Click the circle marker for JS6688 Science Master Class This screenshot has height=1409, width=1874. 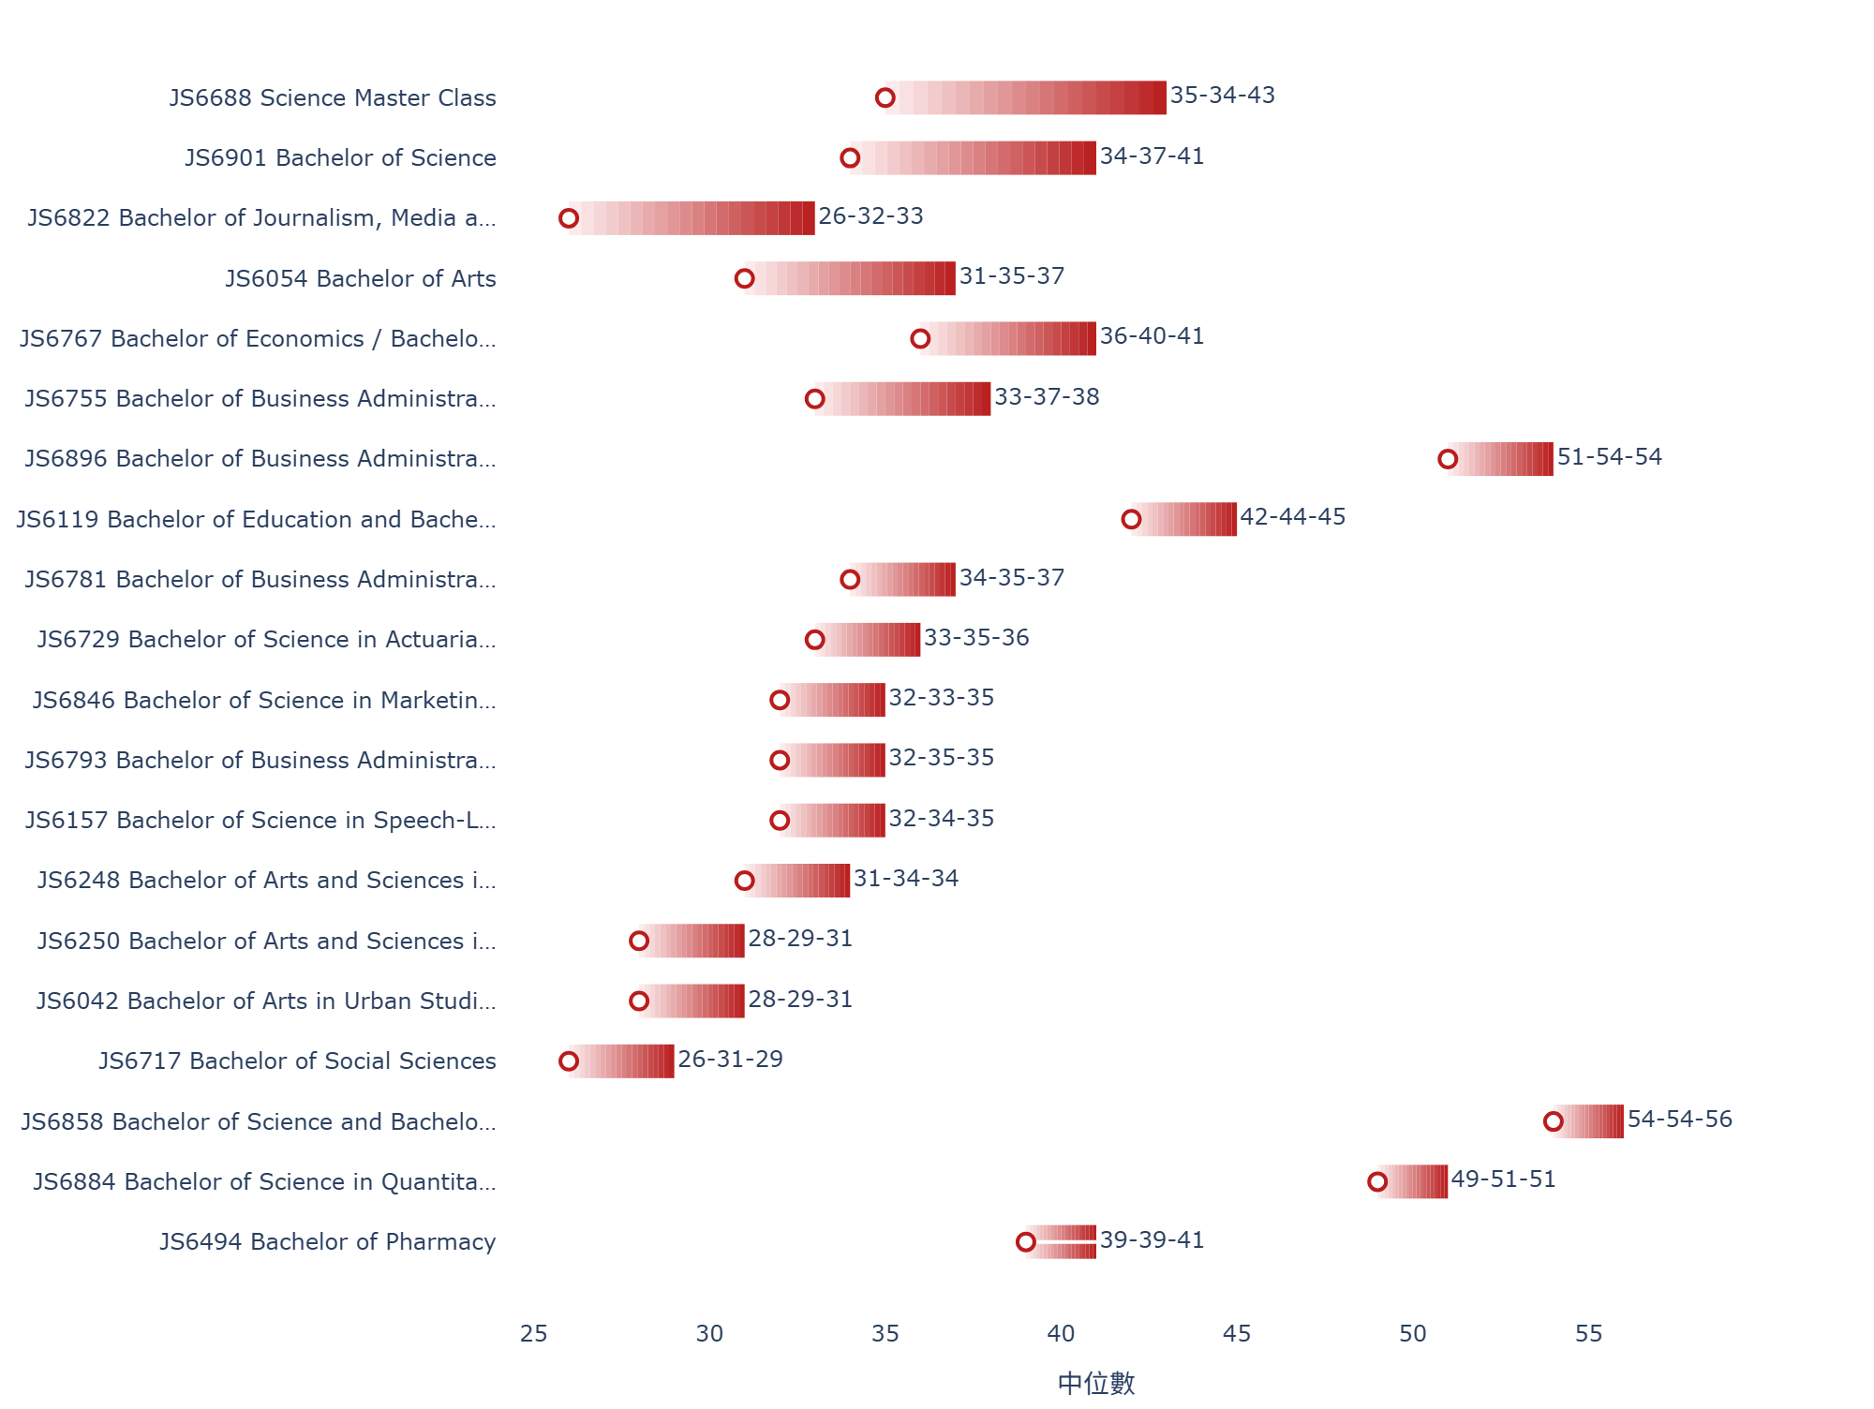click(885, 97)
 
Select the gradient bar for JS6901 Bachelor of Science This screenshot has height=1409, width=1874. click(973, 157)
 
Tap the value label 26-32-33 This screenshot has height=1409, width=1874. click(870, 216)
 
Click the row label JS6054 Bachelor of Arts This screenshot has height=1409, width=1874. click(361, 278)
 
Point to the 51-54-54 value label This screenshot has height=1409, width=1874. click(1610, 457)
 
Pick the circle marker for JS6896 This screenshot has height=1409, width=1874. click(1448, 459)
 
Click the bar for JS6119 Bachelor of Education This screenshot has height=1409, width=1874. click(1184, 519)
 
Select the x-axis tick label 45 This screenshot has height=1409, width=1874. click(1237, 1333)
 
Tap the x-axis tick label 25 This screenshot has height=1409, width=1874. click(534, 1333)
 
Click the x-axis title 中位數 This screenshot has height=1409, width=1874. click(1096, 1383)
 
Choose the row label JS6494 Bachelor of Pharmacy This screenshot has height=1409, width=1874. click(328, 1241)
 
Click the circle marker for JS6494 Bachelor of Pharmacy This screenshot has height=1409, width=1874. click(1026, 1242)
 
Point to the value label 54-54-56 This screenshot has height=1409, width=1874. click(1680, 1120)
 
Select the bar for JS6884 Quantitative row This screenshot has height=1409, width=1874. click(1412, 1181)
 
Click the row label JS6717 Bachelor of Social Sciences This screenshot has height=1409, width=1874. click(298, 1060)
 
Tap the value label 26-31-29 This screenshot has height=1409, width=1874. click(730, 1060)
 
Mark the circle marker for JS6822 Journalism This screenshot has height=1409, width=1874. click(569, 218)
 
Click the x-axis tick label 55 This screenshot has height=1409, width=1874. click(1588, 1333)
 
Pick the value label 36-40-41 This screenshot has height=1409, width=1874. click(1152, 336)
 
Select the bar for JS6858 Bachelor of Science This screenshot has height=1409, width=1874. click(1588, 1121)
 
